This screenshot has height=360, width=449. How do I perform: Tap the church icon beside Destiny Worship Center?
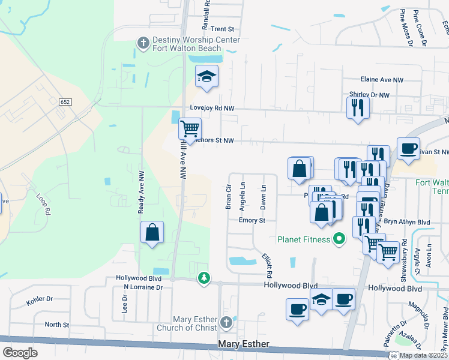[x=143, y=43]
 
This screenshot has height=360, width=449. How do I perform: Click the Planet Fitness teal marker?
[x=339, y=239]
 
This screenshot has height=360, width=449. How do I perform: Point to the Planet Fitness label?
[x=304, y=239]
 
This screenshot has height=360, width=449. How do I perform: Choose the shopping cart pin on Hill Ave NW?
[x=190, y=128]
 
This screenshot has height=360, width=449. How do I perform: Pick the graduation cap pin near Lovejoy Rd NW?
[x=206, y=76]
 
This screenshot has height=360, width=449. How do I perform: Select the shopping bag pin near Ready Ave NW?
[x=152, y=232]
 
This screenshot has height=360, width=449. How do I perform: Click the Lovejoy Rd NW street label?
[x=211, y=107]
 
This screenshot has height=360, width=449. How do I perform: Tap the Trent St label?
[x=221, y=29]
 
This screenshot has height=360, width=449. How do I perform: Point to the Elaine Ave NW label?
[x=382, y=79]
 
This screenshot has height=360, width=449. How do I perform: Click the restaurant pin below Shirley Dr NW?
[x=357, y=108]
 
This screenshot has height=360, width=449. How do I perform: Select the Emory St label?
[x=252, y=220]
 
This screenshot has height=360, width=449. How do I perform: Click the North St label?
[x=57, y=325]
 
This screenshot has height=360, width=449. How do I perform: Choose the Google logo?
[x=20, y=353]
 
